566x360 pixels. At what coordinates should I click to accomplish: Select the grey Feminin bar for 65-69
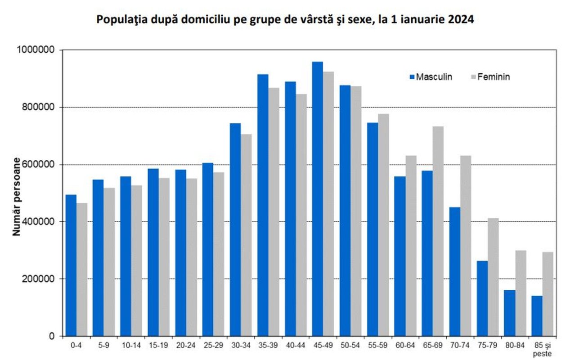pyautogui.click(x=438, y=231)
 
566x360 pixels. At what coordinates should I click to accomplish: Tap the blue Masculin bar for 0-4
pyautogui.click(x=71, y=265)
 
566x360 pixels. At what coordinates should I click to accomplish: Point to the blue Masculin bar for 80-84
pyautogui.click(x=509, y=313)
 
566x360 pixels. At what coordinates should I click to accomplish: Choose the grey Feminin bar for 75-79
pyautogui.click(x=493, y=277)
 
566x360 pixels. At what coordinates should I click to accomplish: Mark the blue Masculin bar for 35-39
pyautogui.click(x=263, y=205)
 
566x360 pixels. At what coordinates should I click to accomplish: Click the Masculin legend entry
pyautogui.click(x=431, y=77)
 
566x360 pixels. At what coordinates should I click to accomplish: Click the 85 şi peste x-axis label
pyautogui.click(x=543, y=349)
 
